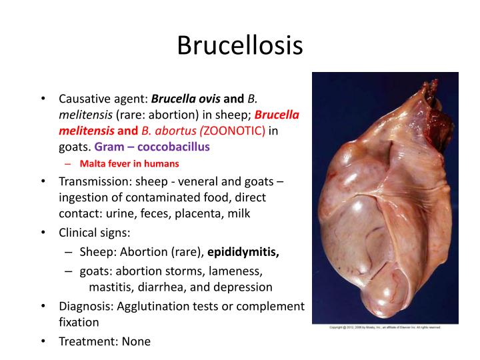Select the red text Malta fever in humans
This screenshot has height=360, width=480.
(x=129, y=163)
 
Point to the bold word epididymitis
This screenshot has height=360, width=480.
(x=243, y=253)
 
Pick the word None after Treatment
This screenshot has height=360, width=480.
(x=135, y=341)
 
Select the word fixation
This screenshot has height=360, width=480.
(x=79, y=323)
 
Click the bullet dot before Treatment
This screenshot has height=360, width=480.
(x=42, y=341)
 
